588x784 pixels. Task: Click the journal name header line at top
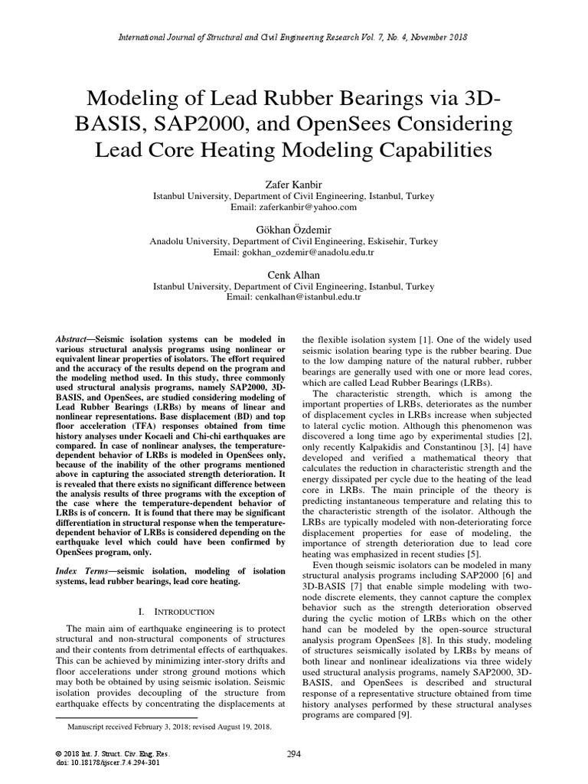point(293,36)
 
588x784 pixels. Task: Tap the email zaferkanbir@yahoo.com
point(293,207)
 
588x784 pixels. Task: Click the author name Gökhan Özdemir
point(293,230)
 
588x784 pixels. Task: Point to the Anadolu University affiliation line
point(293,241)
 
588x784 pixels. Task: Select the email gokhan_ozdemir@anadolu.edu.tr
point(293,252)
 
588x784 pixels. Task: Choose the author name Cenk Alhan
point(293,274)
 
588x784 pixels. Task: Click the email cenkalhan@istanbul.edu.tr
point(293,296)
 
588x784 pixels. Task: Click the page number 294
point(293,754)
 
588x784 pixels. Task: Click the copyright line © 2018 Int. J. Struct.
point(103,754)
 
